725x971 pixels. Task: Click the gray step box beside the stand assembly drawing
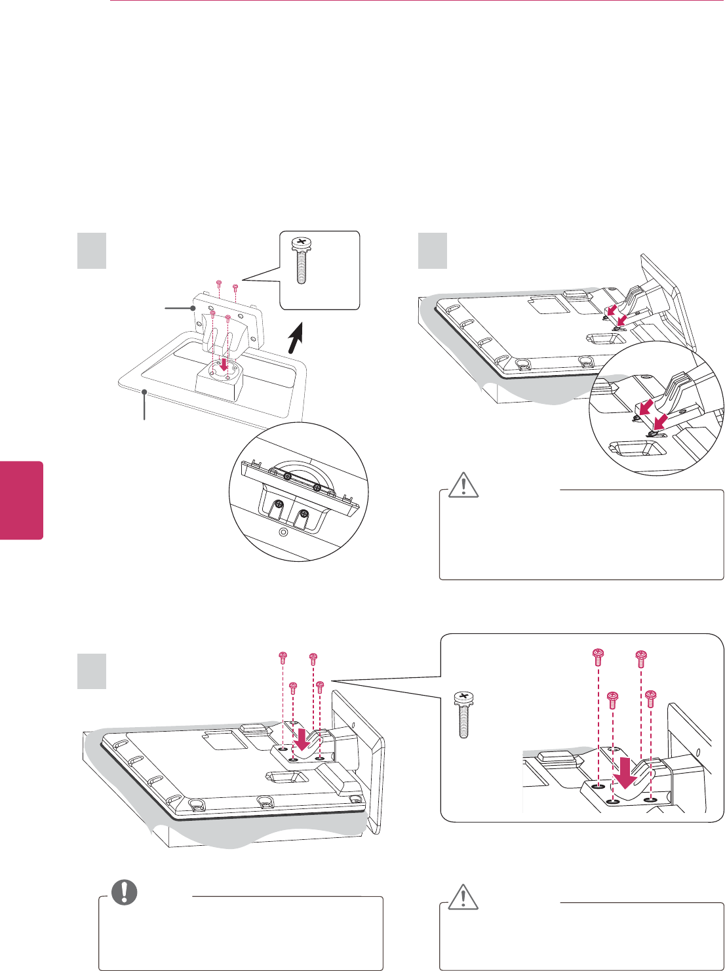(92, 251)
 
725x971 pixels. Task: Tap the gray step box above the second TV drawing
(433, 251)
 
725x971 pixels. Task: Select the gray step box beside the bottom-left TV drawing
(92, 671)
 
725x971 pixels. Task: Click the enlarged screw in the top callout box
(301, 260)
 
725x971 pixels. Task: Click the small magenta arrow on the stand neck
(225, 364)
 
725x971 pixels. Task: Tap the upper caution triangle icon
(464, 485)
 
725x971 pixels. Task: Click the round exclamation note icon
(123, 892)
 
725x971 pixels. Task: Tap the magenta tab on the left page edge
(21, 500)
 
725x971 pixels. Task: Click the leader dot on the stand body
(195, 307)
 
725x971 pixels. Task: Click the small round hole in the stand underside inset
(283, 532)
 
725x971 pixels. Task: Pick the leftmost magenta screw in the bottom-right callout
(597, 656)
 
